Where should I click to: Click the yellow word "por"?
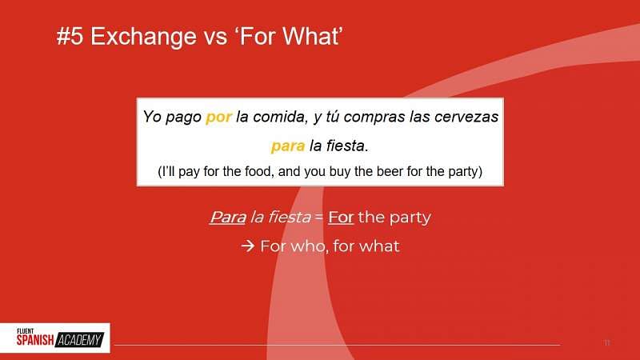(218, 117)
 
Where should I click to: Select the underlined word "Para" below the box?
(227, 218)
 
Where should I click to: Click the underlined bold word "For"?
(340, 218)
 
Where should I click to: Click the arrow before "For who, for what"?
(247, 246)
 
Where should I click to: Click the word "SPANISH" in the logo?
(35, 341)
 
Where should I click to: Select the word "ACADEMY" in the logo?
(80, 341)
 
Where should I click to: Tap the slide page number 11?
(606, 343)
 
